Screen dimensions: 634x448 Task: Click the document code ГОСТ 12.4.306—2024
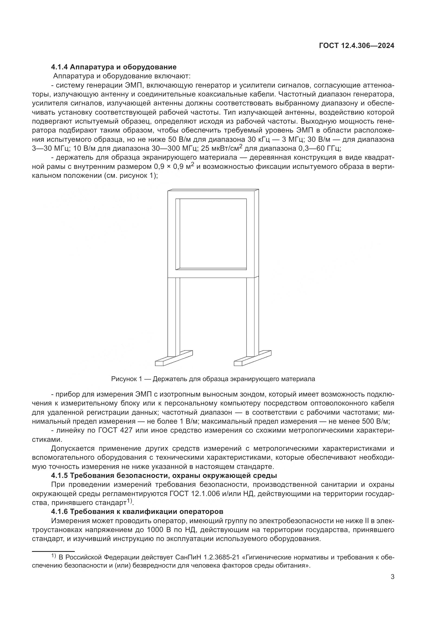coord(356,46)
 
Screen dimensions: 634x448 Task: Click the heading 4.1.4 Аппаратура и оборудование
coord(114,67)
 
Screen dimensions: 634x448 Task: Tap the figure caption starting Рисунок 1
coord(213,379)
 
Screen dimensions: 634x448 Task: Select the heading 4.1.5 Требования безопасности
coord(164,475)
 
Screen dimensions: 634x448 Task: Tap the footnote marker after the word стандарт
coord(130,501)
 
